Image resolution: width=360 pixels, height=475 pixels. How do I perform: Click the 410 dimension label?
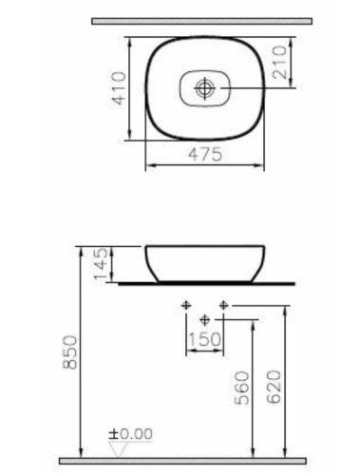coord(117,88)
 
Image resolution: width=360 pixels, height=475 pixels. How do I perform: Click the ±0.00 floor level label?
coord(132,433)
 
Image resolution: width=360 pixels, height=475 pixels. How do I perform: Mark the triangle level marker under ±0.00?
coord(119,446)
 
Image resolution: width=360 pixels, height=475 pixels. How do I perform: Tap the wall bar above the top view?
coord(203,19)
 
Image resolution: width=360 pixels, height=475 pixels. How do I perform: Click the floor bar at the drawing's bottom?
coord(203,462)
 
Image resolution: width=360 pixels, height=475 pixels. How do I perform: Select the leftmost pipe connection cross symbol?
coord(186,306)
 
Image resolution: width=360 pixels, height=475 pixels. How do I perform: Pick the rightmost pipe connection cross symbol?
coord(224,306)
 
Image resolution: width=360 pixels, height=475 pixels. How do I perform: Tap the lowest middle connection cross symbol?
coord(204,320)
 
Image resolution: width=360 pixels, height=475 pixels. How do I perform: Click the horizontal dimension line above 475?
coord(204,165)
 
